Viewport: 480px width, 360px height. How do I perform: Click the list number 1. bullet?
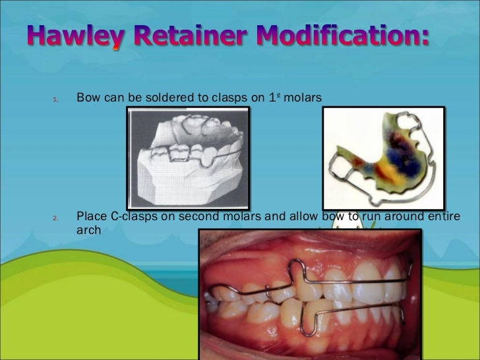pos(55,100)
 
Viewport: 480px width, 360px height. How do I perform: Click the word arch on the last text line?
pos(89,231)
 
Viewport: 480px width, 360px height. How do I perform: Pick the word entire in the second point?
pos(444,217)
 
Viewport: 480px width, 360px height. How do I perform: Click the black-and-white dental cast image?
pos(189,158)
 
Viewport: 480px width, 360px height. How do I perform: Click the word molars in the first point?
pos(303,98)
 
